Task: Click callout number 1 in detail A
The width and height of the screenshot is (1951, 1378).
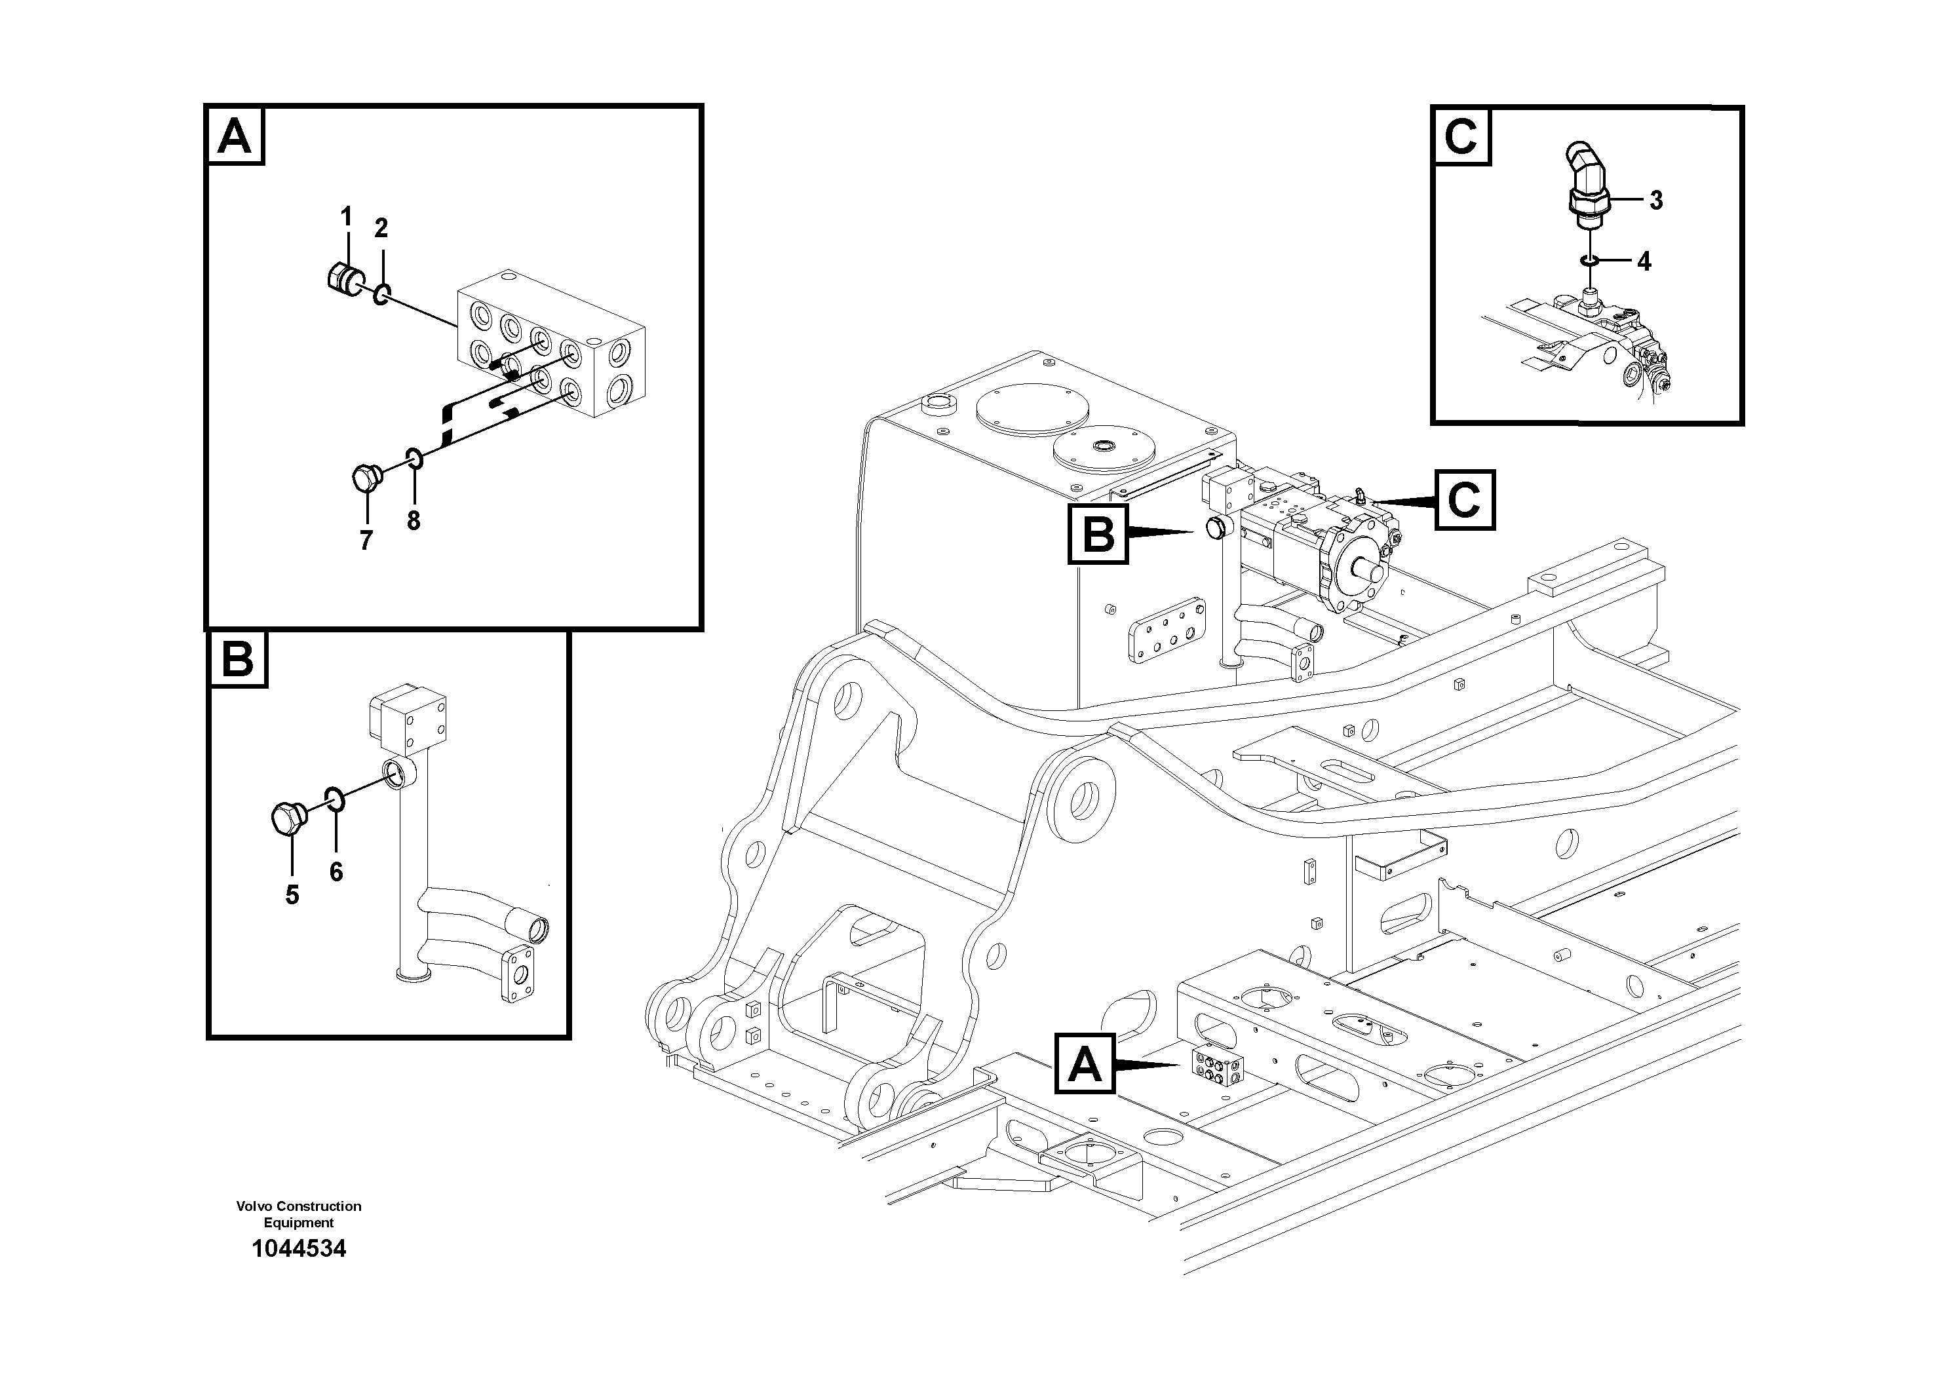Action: tap(346, 218)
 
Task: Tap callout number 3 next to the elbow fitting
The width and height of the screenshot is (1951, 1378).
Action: tap(1655, 201)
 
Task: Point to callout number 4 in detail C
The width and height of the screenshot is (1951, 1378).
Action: tap(1644, 261)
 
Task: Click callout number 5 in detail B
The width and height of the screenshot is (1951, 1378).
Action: tap(292, 894)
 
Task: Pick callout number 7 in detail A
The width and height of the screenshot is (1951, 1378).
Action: tap(366, 541)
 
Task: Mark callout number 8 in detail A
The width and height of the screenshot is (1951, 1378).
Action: tap(414, 520)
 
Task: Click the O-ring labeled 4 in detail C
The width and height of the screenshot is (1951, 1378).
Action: tap(1587, 261)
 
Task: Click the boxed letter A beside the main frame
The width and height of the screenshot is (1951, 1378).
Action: tap(1084, 1063)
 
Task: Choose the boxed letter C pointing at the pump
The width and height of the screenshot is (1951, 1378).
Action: tap(1464, 501)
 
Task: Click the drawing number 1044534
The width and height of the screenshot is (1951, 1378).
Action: tap(299, 1248)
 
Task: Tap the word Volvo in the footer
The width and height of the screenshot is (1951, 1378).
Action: tap(253, 1206)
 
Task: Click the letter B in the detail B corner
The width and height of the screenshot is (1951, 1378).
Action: tap(238, 659)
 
